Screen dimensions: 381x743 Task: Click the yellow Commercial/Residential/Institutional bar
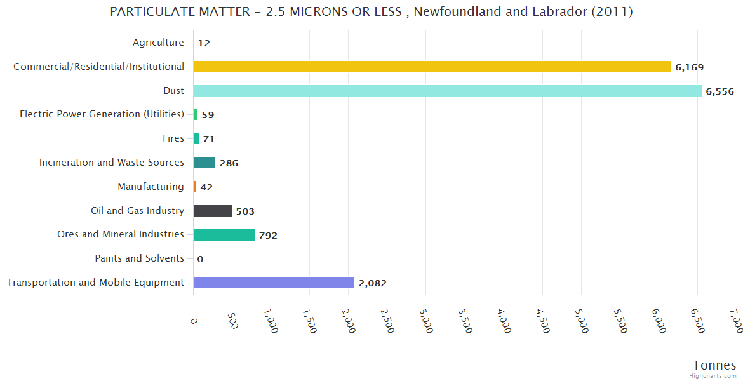click(x=432, y=67)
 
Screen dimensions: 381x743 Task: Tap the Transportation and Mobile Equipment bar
click(x=274, y=283)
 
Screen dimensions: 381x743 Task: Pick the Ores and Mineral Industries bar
click(x=224, y=235)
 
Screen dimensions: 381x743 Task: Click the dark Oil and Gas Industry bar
click(x=212, y=211)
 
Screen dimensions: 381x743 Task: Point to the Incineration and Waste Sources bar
click(x=204, y=163)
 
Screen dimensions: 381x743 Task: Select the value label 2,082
click(x=372, y=283)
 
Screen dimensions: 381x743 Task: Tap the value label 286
click(x=229, y=163)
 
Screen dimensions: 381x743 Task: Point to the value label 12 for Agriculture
click(x=204, y=43)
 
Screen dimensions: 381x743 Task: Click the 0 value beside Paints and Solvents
click(x=200, y=259)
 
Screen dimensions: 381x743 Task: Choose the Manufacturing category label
click(x=151, y=187)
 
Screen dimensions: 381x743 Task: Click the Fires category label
click(x=173, y=138)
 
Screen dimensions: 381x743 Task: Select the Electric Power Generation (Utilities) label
click(x=102, y=114)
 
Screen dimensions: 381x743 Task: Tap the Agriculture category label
click(x=158, y=43)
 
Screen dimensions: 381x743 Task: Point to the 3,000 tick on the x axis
click(x=427, y=321)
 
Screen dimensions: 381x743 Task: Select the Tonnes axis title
click(x=714, y=365)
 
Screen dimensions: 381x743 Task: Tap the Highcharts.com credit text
click(x=713, y=375)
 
